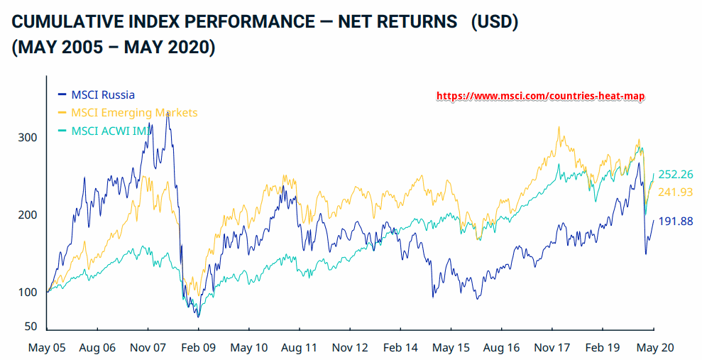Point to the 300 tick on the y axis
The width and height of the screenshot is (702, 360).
coord(26,137)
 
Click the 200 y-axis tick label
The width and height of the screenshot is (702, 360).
coord(26,214)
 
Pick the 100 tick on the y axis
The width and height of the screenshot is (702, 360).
coord(26,292)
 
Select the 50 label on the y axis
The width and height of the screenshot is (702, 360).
coord(30,327)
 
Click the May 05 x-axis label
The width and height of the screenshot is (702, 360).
coord(47,348)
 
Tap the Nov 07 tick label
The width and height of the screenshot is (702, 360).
coord(148,348)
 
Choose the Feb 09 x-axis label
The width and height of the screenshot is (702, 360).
coord(198,348)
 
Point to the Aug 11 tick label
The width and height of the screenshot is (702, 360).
coord(299,348)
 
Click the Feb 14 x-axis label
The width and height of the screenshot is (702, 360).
coord(400,348)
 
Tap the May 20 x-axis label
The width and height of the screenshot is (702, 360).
coord(653,348)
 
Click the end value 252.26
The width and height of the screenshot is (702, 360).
coord(676,175)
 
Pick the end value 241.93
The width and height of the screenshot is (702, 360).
coord(676,192)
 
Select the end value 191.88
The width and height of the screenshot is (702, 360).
coord(676,222)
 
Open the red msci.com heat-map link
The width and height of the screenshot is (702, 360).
coord(540,96)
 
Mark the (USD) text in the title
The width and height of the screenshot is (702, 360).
coord(494,22)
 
